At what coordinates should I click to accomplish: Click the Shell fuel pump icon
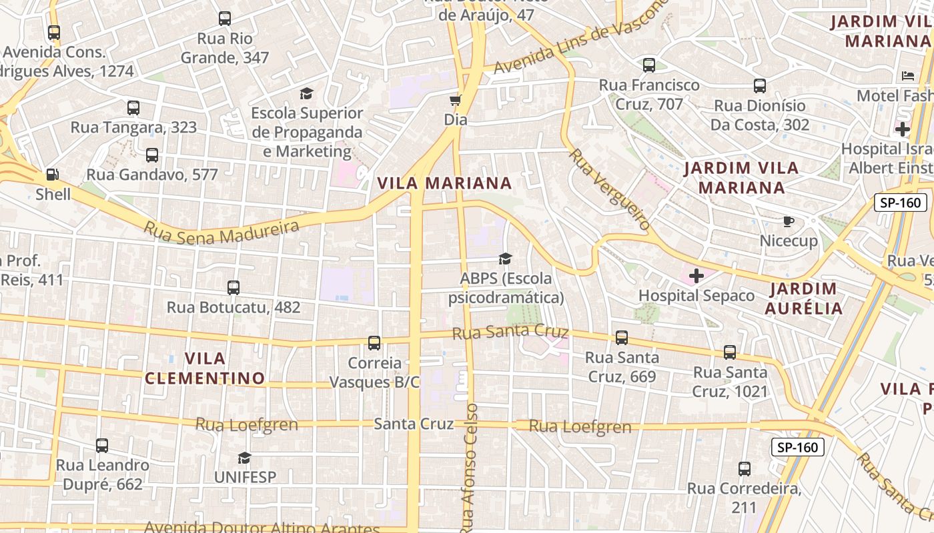pyautogui.click(x=51, y=175)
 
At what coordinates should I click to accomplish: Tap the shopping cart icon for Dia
pyautogui.click(x=456, y=101)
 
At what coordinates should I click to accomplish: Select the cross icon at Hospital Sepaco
pyautogui.click(x=696, y=276)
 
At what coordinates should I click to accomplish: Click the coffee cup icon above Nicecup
pyautogui.click(x=789, y=221)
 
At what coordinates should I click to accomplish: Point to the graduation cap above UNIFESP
pyautogui.click(x=245, y=458)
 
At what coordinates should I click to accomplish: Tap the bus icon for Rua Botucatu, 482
pyautogui.click(x=233, y=288)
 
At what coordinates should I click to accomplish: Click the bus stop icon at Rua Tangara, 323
pyautogui.click(x=133, y=107)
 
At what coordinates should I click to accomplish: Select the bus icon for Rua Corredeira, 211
pyautogui.click(x=745, y=469)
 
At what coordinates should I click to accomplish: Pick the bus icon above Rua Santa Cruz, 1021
pyautogui.click(x=730, y=352)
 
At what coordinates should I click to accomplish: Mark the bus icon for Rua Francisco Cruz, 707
pyautogui.click(x=649, y=65)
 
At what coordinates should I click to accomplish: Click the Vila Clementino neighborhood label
pyautogui.click(x=205, y=368)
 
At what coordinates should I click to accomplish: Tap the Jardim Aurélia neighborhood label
pyautogui.click(x=803, y=298)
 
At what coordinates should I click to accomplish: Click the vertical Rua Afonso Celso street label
pyautogui.click(x=470, y=466)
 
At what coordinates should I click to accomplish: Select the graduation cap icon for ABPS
pyautogui.click(x=506, y=259)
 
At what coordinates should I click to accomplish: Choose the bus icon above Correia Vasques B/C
pyautogui.click(x=374, y=343)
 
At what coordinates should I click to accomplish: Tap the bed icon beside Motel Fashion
pyautogui.click(x=907, y=76)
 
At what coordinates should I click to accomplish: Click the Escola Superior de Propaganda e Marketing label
pyautogui.click(x=307, y=132)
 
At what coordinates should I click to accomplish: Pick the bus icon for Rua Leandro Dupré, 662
pyautogui.click(x=102, y=445)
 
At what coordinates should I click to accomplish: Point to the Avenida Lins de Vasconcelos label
pyautogui.click(x=580, y=37)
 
